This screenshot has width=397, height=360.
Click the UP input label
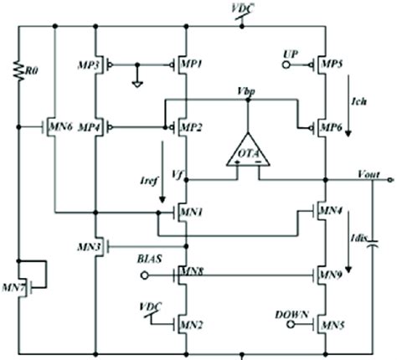coord(292,53)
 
